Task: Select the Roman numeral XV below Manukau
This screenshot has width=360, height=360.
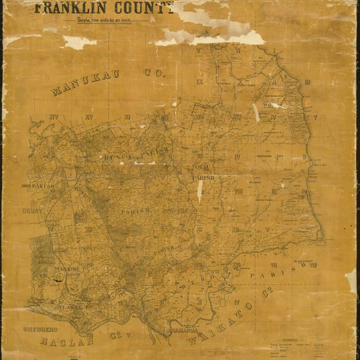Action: (x=98, y=117)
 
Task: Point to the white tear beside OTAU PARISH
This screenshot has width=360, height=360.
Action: (x=199, y=192)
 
